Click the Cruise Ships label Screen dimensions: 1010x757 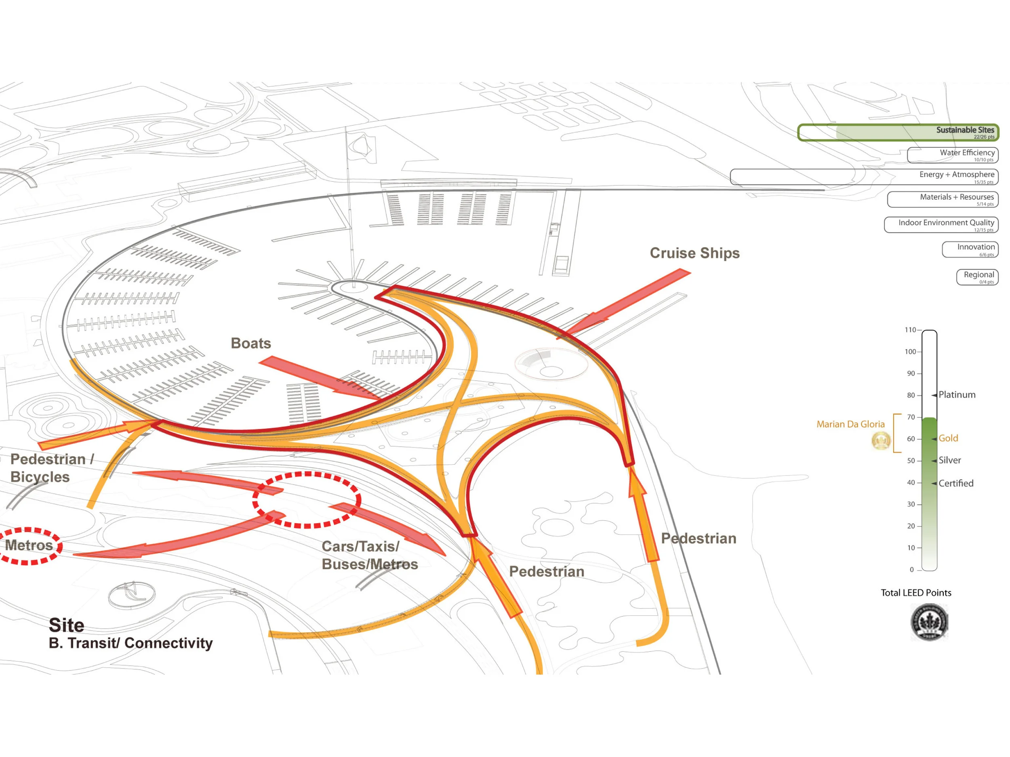click(x=694, y=253)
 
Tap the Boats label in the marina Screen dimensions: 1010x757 click(x=250, y=343)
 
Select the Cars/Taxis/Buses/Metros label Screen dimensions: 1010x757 click(x=369, y=555)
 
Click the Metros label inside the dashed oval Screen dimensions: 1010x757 click(x=29, y=545)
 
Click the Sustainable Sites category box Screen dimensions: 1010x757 click(x=898, y=132)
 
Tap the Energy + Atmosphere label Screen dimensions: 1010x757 click(x=957, y=175)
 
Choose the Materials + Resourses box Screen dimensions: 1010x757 click(x=943, y=199)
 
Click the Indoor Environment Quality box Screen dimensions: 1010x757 click(x=941, y=225)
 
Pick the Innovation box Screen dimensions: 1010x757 click(x=970, y=250)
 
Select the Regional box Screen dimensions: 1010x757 click(x=977, y=277)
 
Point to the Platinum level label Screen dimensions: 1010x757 click(x=957, y=395)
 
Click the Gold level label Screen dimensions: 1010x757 click(x=948, y=438)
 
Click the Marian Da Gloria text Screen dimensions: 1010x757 click(x=850, y=424)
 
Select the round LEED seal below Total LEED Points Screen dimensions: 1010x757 click(x=929, y=622)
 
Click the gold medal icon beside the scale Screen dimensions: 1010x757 click(x=881, y=441)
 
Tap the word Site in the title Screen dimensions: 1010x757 click(x=67, y=625)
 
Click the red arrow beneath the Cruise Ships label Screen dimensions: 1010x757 click(x=625, y=304)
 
